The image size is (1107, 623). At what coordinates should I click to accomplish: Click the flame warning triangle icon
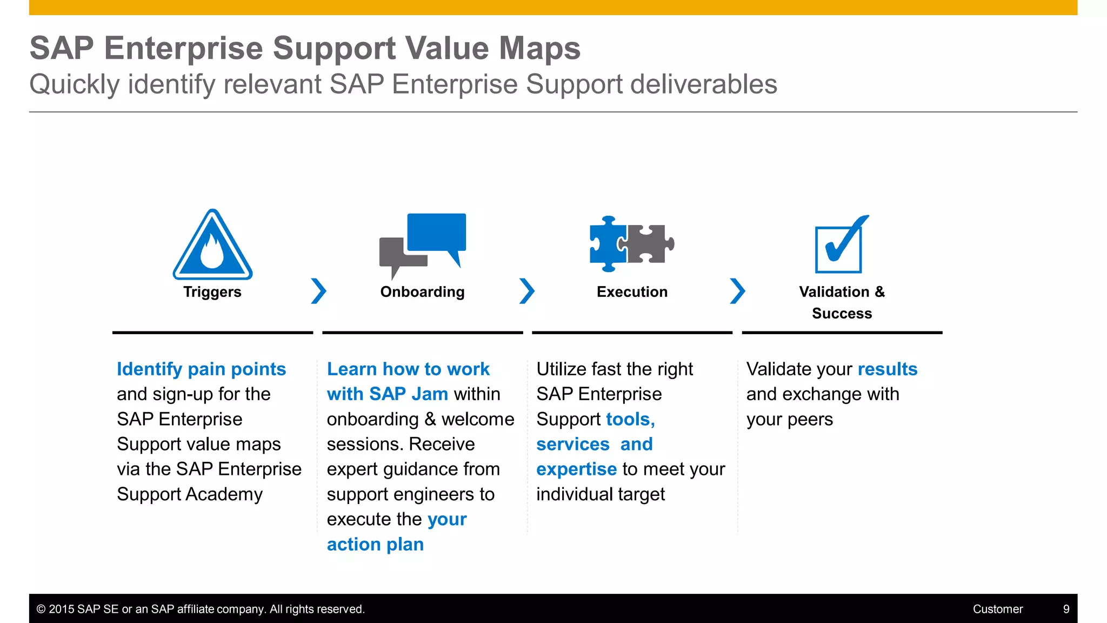point(212,246)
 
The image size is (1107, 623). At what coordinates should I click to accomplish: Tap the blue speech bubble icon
point(437,233)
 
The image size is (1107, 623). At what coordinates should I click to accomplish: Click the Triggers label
point(212,292)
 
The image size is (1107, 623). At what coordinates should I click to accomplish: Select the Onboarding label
point(422,292)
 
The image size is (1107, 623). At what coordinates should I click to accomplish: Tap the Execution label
point(632,292)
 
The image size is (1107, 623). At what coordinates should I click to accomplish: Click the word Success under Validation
point(842,314)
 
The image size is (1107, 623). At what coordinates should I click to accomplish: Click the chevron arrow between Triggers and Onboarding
point(318,291)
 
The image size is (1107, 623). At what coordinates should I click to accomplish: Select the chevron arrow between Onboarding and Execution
point(526,291)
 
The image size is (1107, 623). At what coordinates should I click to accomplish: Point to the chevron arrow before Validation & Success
point(737,291)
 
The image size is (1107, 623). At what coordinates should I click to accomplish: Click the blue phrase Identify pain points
point(201,369)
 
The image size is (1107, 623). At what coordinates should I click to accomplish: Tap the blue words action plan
point(375,545)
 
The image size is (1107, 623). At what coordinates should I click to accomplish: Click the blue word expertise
point(576,469)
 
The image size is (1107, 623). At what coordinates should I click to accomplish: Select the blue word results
point(887,369)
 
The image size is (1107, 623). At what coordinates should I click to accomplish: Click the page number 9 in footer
point(1066,609)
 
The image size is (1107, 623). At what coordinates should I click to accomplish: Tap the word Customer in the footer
point(997,609)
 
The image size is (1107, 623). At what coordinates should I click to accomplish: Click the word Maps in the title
point(539,48)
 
